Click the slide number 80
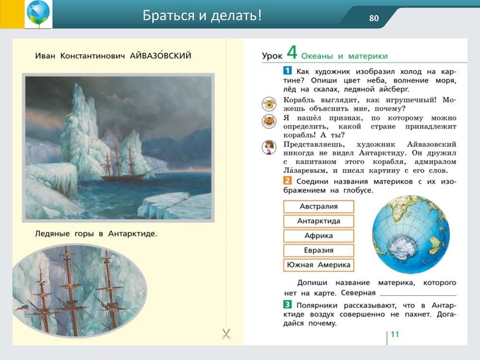point(374,17)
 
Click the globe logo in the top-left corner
point(38,14)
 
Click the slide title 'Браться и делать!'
point(202,16)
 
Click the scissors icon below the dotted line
point(226,334)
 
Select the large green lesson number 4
point(292,53)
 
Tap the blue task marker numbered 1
point(287,71)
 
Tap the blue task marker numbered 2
point(287,181)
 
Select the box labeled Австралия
point(318,206)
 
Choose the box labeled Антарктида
point(318,221)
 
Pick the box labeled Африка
point(318,236)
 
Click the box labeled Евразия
point(318,250)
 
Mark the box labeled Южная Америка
point(318,265)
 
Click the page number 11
point(394,334)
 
